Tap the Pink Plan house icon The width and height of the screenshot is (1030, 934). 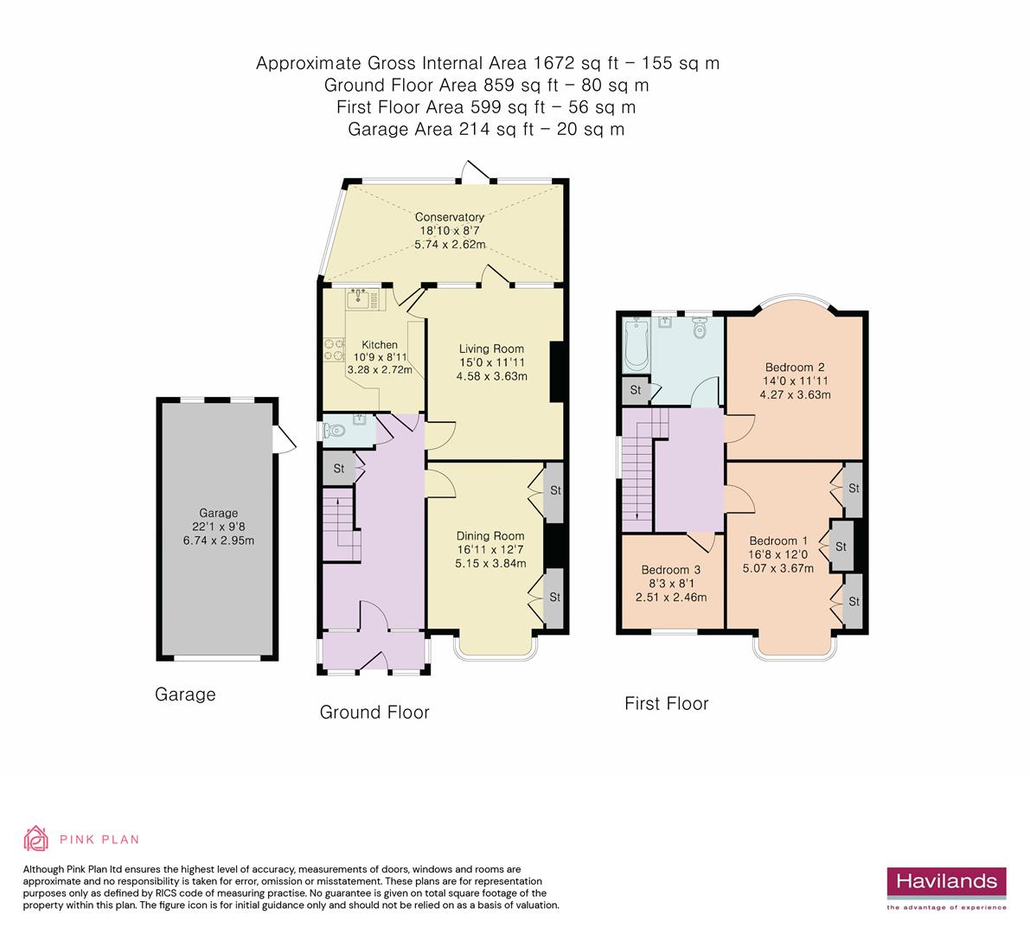click(36, 838)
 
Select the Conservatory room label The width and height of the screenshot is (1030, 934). click(449, 217)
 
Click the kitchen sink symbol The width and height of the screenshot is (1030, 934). click(359, 299)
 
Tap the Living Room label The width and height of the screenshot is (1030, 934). click(492, 349)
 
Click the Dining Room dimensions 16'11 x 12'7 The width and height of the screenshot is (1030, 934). click(490, 549)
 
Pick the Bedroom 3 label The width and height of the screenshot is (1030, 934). click(670, 570)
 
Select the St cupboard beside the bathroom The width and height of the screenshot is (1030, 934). click(636, 390)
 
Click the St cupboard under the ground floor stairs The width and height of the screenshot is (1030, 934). click(339, 469)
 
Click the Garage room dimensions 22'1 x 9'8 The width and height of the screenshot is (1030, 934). click(218, 527)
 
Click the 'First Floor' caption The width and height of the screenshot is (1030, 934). click(666, 704)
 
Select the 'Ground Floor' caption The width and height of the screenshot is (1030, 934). click(374, 712)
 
